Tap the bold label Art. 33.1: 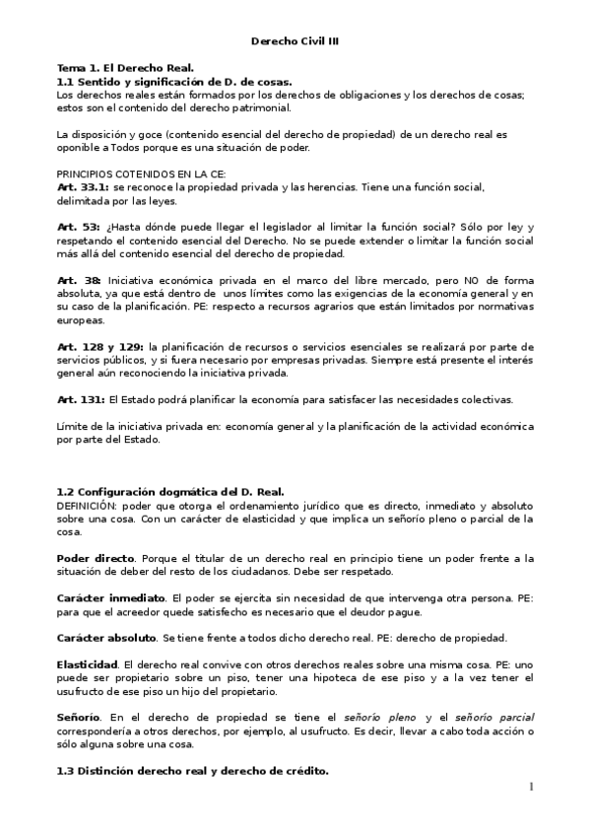84,185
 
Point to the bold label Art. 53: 78,226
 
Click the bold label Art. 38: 78,280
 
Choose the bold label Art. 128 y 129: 100,346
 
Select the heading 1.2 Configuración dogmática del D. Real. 170,491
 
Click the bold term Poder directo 97,557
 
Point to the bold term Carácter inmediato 111,597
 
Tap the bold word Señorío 79,719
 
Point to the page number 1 530,787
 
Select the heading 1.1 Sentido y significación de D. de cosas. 174,81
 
